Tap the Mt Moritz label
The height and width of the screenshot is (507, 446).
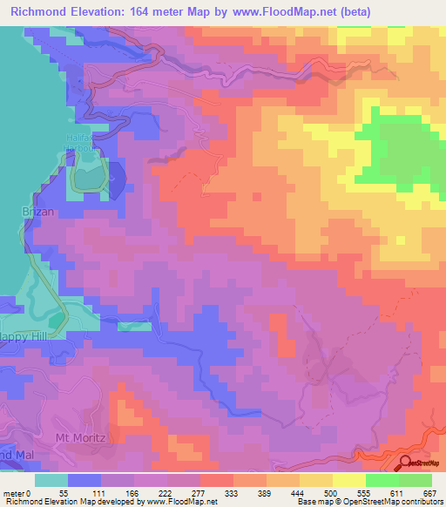coord(79,436)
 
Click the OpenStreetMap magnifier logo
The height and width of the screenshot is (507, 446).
coord(407,463)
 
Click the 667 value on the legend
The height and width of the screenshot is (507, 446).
coord(429,492)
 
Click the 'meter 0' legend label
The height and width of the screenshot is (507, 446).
coord(18,492)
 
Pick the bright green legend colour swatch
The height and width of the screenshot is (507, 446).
coord(382,480)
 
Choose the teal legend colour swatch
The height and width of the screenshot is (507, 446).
coord(51,480)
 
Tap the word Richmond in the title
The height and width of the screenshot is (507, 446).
coord(38,12)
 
